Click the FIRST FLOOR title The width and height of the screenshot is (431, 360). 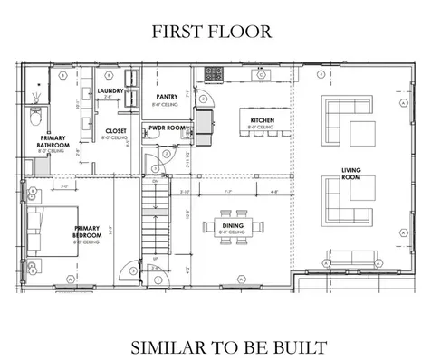pyautogui.click(x=212, y=31)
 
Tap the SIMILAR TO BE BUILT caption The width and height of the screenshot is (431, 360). pyautogui.click(x=215, y=346)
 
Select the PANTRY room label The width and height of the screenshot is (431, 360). pyautogui.click(x=166, y=97)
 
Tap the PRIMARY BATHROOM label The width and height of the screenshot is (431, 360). pyautogui.click(x=48, y=144)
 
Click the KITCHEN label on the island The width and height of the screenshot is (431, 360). pyautogui.click(x=262, y=124)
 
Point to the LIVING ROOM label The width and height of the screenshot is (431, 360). pyautogui.click(x=352, y=174)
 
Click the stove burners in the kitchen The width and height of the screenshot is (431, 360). pyautogui.click(x=216, y=73)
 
